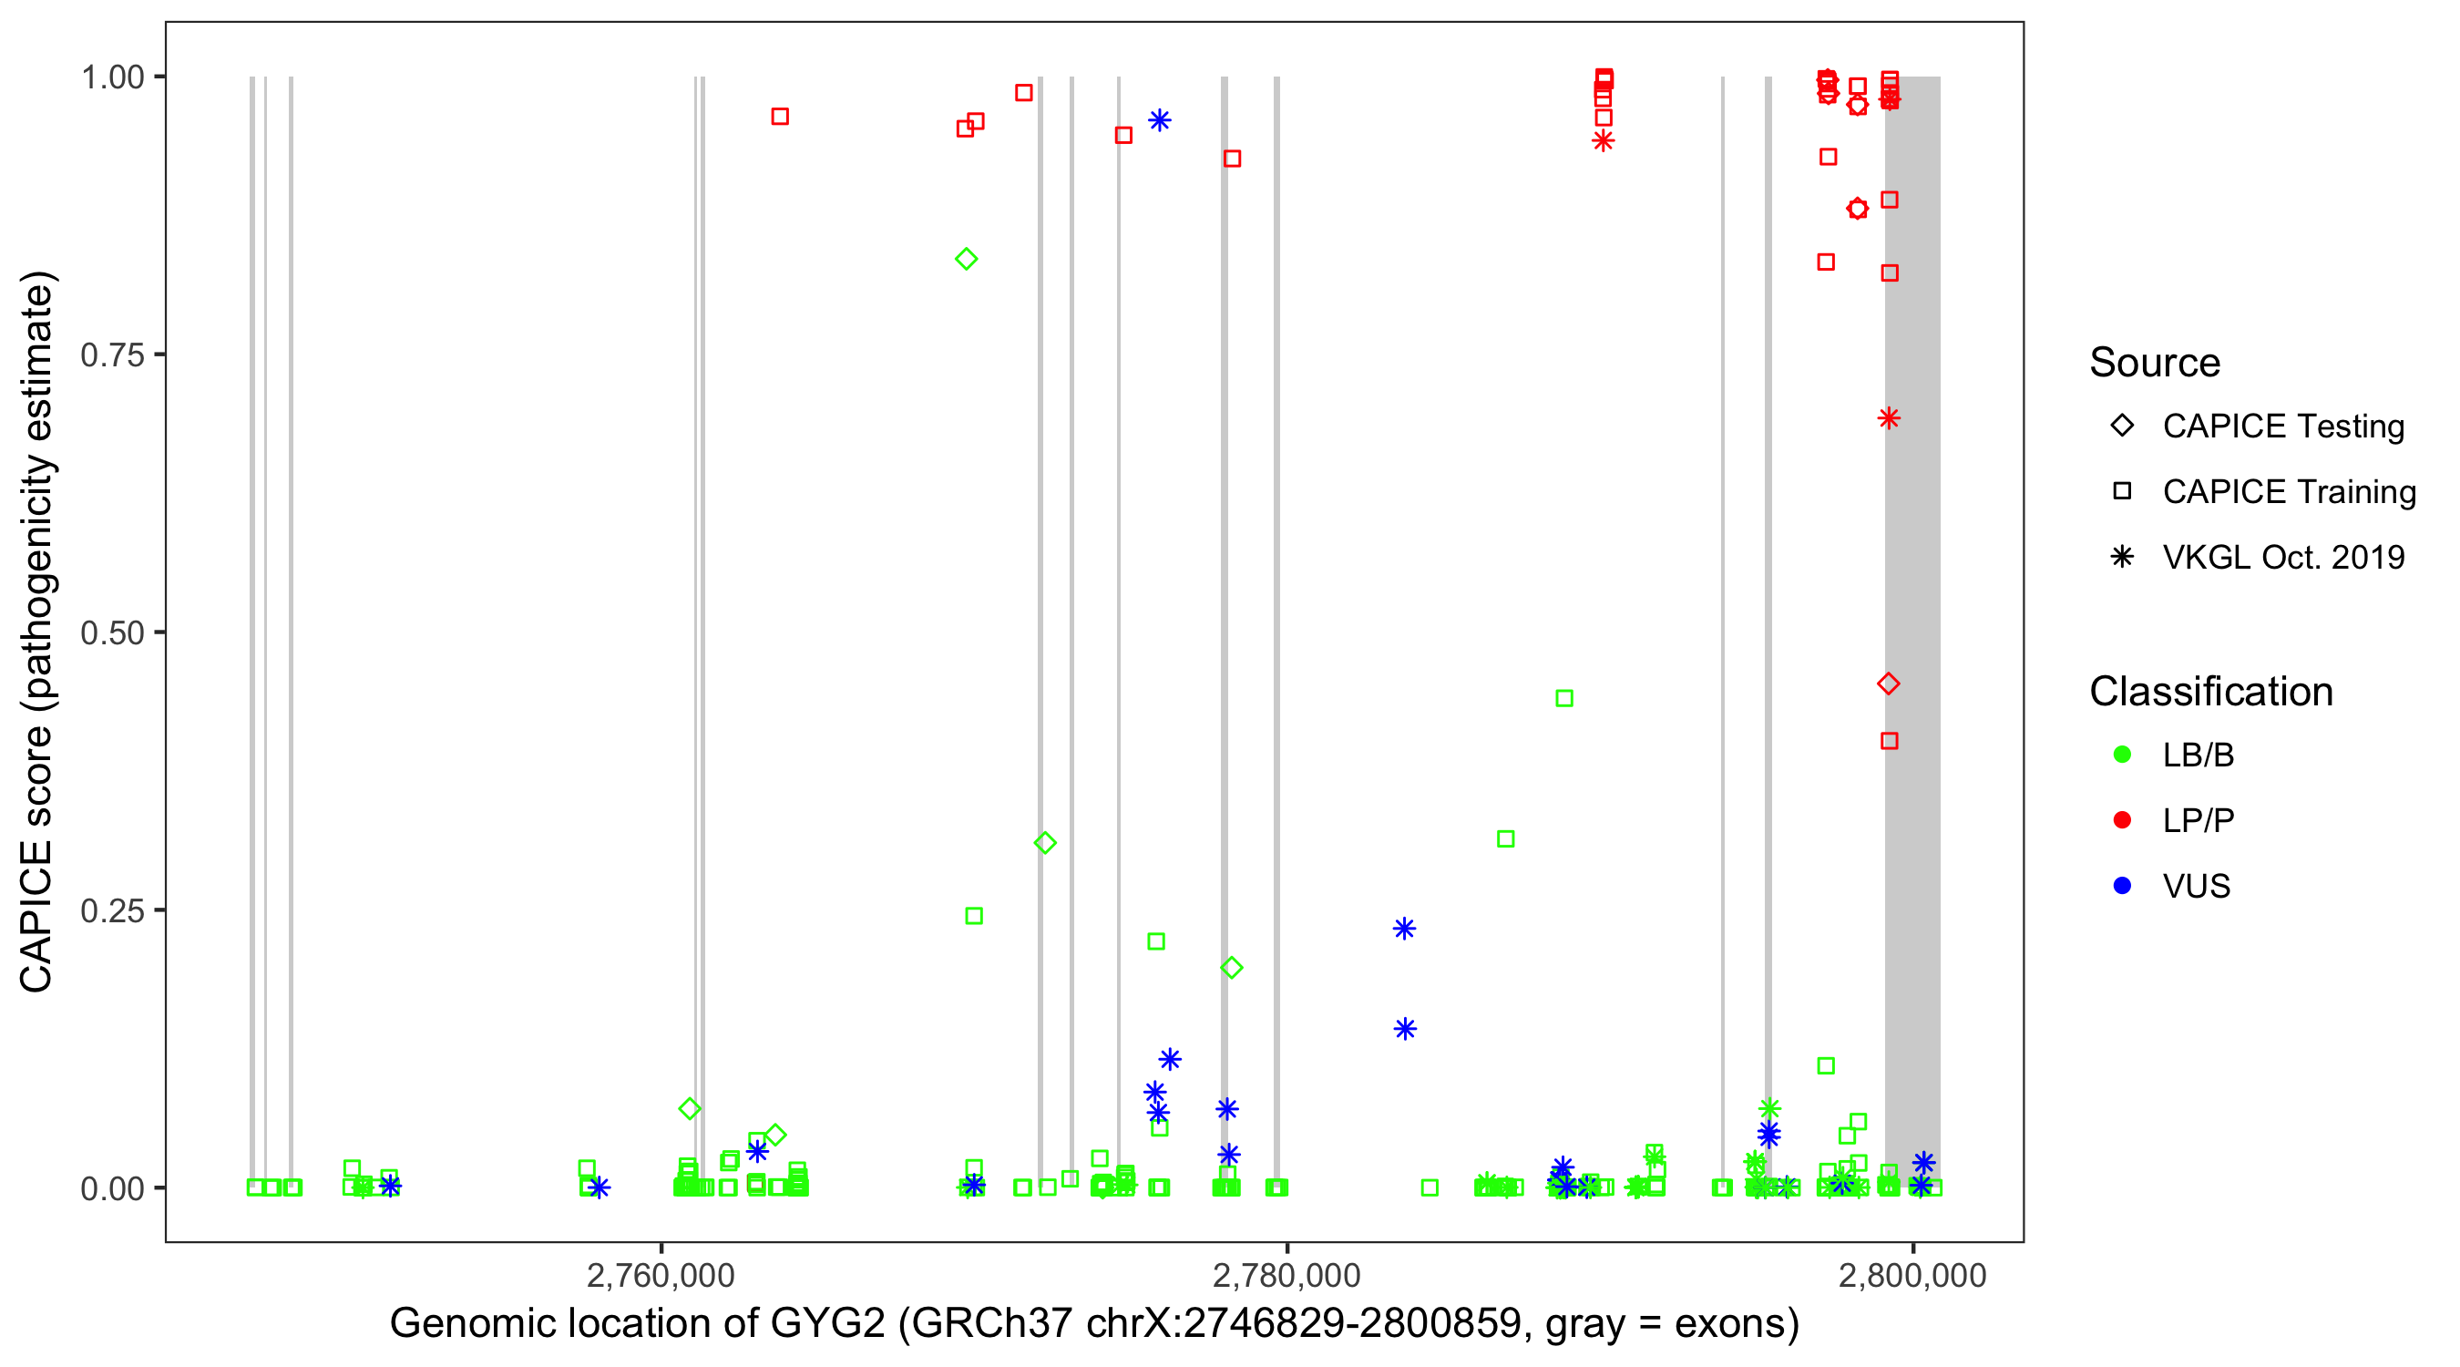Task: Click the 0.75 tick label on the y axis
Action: [x=112, y=355]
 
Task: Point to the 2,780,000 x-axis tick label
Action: [x=1286, y=1275]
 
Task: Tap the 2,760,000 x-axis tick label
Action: [x=661, y=1275]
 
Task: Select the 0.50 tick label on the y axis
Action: [x=112, y=632]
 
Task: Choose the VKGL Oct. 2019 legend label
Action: [x=2283, y=557]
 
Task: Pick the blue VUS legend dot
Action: [x=2122, y=886]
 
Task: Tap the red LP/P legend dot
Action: [x=2122, y=820]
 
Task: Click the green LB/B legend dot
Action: [x=2122, y=755]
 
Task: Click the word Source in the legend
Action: [x=2155, y=363]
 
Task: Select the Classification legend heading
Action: [x=2210, y=692]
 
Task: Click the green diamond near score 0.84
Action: [x=967, y=259]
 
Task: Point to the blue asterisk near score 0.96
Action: [x=1159, y=120]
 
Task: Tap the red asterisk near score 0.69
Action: [x=1888, y=418]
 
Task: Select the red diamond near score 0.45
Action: [x=1888, y=684]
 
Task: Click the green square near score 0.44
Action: [x=1564, y=698]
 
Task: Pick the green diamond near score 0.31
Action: [x=1045, y=843]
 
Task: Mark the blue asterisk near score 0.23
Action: [x=1404, y=929]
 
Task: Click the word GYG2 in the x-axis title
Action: [x=827, y=1324]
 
